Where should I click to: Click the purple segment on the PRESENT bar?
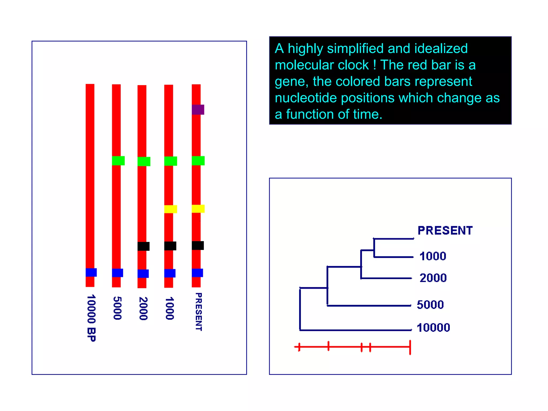[198, 109]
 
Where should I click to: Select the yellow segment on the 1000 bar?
[170, 209]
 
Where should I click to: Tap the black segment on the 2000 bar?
[143, 246]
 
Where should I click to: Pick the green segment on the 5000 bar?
[118, 161]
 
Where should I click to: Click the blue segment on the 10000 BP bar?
[91, 272]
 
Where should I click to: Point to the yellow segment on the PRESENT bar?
[198, 208]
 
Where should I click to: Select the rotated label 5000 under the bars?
[117, 308]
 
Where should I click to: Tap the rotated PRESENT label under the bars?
[199, 312]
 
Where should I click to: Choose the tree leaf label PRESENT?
[445, 230]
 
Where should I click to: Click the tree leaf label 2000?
[433, 278]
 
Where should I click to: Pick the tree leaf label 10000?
[433, 328]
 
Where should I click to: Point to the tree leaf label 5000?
[430, 305]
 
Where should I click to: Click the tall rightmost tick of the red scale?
[410, 347]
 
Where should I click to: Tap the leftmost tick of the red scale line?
[299, 347]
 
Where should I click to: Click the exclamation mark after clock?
[374, 65]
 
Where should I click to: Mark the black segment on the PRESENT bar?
[198, 245]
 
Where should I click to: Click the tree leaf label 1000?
[433, 256]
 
